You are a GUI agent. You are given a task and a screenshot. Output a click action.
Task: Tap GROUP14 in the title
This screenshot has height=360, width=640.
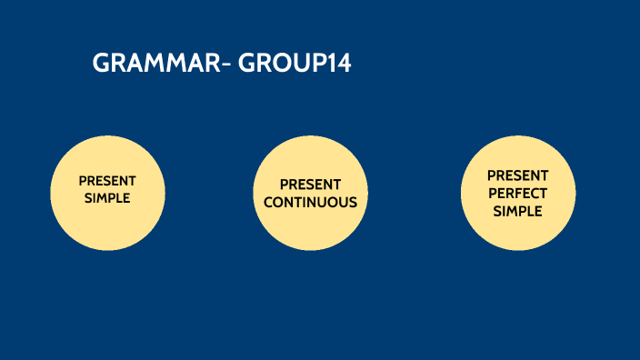point(295,64)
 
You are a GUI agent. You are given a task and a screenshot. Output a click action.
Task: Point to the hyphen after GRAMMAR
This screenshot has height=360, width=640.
point(225,65)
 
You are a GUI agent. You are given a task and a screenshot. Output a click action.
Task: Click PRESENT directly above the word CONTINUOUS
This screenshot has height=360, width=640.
point(310,185)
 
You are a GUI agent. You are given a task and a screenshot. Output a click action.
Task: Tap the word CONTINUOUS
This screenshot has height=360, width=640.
point(310,202)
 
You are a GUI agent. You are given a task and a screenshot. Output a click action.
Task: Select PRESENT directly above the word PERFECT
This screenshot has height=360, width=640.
point(518,175)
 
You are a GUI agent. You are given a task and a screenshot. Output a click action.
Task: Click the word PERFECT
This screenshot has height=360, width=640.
point(518,193)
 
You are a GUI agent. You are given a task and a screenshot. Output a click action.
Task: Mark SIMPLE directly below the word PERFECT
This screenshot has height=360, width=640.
point(518,211)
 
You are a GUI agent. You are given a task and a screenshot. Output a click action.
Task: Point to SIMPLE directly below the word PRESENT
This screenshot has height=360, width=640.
point(107,197)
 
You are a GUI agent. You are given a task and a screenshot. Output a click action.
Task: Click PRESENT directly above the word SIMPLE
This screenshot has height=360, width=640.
point(107,180)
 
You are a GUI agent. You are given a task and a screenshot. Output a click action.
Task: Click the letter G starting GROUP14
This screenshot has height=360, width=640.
point(246,64)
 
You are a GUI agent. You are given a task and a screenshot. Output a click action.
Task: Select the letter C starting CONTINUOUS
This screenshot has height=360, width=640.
point(269,202)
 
